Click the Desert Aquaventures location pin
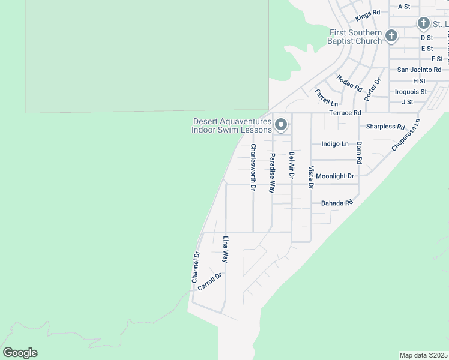pos(281,125)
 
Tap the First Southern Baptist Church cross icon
pos(391,36)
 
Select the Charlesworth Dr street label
pos(253,167)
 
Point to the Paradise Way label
pos(272,173)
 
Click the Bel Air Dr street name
pos(292,166)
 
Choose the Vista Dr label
pos(311,178)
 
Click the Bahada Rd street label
pos(336,203)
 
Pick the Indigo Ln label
pos(335,144)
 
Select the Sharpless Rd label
pos(385,127)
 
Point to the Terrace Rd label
pos(345,113)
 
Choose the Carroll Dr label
pos(209,282)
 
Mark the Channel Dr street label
pos(195,267)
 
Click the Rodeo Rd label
pos(349,83)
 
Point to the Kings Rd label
pos(368,12)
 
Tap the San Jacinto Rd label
pos(419,70)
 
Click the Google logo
pos(20,353)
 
